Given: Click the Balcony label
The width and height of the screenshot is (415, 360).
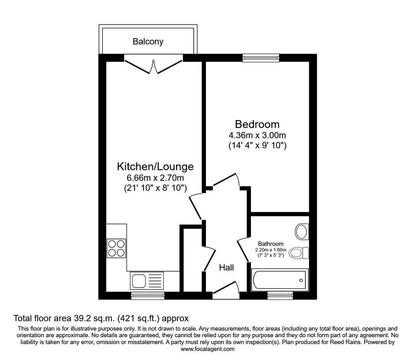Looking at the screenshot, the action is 148,42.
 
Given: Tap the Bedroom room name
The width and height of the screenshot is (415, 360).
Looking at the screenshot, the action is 257,124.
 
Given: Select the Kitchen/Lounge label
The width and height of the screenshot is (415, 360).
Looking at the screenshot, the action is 155,167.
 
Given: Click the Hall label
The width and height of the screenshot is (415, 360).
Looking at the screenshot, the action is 227,268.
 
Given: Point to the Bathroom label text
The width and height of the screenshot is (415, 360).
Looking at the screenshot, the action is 271,244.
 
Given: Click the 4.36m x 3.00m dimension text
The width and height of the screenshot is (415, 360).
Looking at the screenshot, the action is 257,135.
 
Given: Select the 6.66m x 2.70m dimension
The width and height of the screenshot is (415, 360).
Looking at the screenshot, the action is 155,178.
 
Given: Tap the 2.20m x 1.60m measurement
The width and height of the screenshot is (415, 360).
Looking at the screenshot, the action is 271,250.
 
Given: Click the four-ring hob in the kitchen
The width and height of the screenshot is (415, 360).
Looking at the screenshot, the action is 116,248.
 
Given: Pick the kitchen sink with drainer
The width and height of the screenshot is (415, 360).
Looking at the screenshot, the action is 147,281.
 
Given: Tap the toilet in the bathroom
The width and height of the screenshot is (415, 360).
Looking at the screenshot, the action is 299,253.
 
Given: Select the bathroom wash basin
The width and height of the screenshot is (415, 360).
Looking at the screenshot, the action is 302,232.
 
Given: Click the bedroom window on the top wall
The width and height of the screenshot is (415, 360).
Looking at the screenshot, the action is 261,58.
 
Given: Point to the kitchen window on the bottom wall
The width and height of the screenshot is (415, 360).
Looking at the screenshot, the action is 148,296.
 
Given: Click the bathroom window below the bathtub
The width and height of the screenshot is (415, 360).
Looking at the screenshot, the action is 280,296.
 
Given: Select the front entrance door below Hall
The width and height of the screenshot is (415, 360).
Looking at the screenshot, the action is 226,290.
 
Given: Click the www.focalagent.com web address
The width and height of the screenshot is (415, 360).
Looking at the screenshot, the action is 207,349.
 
